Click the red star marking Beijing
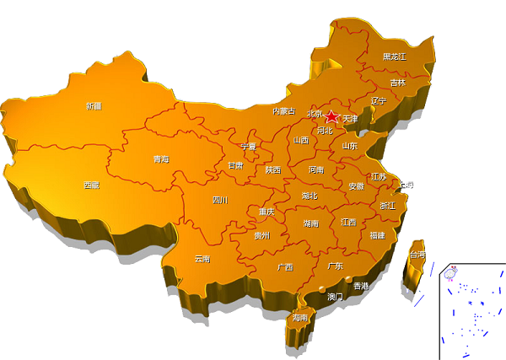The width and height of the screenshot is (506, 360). coord(331,116)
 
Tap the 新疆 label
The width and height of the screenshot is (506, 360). coord(93,106)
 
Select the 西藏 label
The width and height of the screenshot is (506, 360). coord(91,185)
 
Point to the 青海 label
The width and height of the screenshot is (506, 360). coord(161,159)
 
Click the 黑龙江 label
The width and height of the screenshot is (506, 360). coord(394,56)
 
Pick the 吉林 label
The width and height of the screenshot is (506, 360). coord(398,83)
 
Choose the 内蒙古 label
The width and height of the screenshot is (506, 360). coord(283,111)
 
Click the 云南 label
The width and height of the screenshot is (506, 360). coord(202,259)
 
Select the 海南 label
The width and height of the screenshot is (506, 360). coord(300,318)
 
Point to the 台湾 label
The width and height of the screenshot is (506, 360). coord(417,254)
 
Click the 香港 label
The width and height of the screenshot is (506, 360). coord(361,287)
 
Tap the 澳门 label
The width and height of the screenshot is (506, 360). coord(335,297)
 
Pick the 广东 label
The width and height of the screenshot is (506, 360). coord(335,266)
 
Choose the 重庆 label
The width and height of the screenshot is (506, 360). coord(266,212)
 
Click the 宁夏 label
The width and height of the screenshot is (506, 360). coord(249,146)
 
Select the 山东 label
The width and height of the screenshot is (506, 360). coord(349,146)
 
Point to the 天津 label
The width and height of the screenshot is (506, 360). coord(350,119)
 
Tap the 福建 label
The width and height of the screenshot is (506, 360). coord(376,235)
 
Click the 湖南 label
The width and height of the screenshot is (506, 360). coord(310,223)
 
